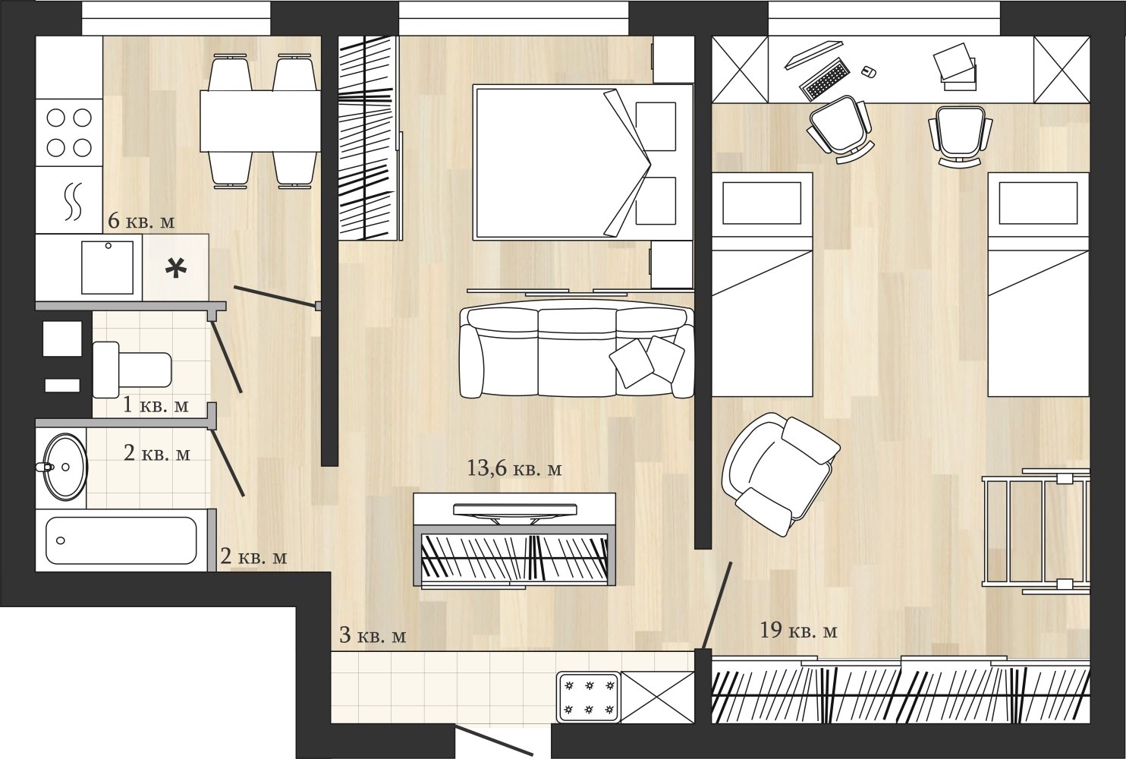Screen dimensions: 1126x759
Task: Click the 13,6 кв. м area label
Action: tap(514, 469)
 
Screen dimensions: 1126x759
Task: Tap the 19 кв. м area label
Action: tap(799, 631)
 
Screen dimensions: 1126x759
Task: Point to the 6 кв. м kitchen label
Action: tap(141, 221)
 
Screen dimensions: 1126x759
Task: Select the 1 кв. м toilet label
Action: tap(156, 405)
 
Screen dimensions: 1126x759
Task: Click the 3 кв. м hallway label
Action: tap(373, 635)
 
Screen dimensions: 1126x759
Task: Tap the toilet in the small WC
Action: tap(132, 370)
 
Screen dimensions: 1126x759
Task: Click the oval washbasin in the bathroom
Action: tap(64, 467)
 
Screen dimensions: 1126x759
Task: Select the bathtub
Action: tap(121, 540)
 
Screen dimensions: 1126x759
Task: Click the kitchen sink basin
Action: tap(108, 267)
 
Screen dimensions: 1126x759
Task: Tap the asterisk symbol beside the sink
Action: tap(176, 268)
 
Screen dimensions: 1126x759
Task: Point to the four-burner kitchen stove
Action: tap(69, 133)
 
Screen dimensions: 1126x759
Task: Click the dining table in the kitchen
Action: tap(260, 121)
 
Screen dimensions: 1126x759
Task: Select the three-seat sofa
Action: tap(577, 352)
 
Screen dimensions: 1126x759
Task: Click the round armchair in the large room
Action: tap(779, 474)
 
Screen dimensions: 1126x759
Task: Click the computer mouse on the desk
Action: tap(869, 72)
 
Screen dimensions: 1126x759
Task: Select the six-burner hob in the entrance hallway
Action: tap(589, 697)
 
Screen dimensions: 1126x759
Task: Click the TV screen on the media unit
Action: tap(514, 509)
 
